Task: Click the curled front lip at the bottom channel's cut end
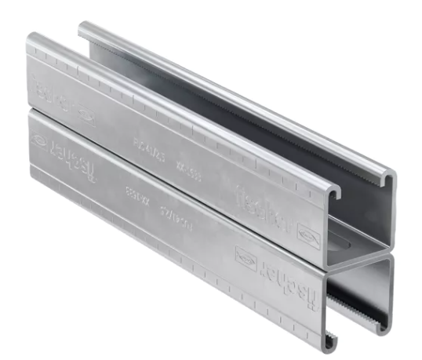click(x=336, y=340)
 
